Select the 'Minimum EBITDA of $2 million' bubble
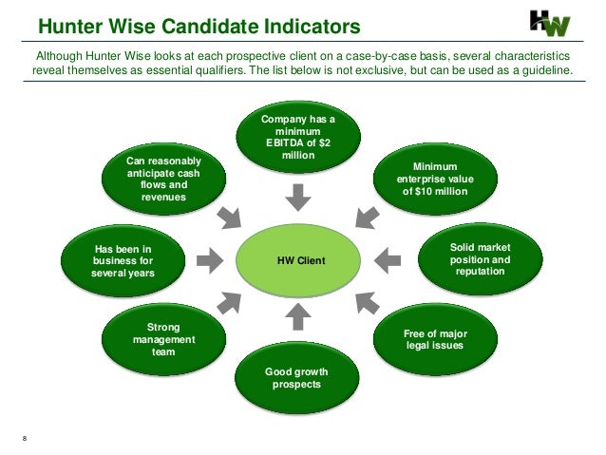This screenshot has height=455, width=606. (298, 138)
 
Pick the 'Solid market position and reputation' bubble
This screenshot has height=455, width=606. (480, 258)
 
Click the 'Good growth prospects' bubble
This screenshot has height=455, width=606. (298, 378)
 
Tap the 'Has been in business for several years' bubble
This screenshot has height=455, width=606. (122, 258)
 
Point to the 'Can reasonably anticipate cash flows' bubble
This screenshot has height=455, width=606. (163, 178)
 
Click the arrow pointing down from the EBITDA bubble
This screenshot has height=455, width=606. (298, 196)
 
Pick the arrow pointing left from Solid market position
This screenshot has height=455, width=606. (388, 257)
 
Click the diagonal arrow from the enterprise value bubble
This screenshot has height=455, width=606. (364, 217)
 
